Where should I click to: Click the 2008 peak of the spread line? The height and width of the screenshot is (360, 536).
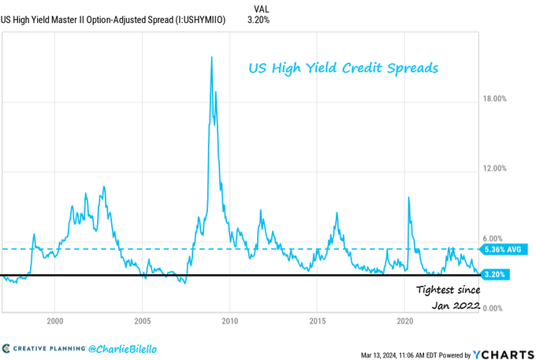tap(211, 58)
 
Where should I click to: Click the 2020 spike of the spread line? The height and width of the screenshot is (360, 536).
tap(408, 197)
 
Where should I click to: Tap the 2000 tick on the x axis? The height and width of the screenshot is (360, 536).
tap(54, 321)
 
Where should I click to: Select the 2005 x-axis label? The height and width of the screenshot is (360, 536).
tap(142, 321)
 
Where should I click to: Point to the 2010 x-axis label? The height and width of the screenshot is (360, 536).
tap(229, 321)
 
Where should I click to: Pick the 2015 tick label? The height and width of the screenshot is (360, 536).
tap(318, 321)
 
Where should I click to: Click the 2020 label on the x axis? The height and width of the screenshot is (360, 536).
tap(405, 321)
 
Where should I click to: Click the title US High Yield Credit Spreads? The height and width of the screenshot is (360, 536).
tap(342, 69)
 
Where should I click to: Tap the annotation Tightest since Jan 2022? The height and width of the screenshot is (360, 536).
tap(447, 296)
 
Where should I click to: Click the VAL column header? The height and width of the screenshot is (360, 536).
tap(262, 8)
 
